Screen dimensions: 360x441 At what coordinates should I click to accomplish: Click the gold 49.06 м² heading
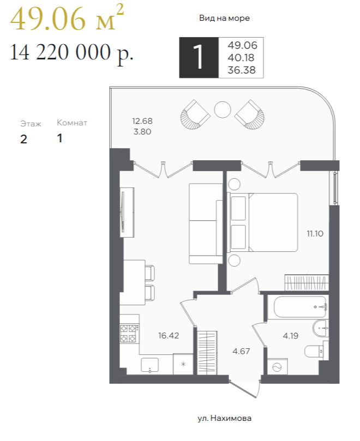coord(67,19)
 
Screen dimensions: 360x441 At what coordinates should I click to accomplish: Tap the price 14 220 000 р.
coord(71,52)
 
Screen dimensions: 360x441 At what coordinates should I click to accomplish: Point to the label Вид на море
coord(224,19)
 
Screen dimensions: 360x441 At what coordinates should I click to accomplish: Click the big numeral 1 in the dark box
coord(199,57)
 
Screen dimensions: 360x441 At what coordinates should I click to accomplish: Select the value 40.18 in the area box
coord(241,58)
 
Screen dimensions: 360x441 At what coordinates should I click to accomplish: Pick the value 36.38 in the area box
coord(242,70)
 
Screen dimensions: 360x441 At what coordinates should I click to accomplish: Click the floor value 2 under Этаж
coord(23,140)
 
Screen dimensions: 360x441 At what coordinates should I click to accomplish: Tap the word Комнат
coord(72,123)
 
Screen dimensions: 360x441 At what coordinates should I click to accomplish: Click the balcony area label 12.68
coord(142,121)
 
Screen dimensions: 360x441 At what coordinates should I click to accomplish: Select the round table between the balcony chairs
coord(223,110)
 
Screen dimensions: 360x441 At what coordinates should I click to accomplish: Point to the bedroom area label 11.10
coord(315,233)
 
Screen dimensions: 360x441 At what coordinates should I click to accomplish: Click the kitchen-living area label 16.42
coord(169,335)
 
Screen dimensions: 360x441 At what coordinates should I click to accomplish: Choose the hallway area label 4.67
coord(241,351)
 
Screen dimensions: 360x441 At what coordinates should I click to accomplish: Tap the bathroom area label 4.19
coord(291,336)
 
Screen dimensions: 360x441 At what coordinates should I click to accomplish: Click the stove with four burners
coord(129,333)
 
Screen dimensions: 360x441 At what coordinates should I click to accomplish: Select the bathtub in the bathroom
coord(300,307)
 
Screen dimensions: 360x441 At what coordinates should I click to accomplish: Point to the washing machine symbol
coord(277,367)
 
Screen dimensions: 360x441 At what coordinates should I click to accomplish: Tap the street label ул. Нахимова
coord(224,418)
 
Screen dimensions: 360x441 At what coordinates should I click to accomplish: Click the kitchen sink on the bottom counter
coord(150,365)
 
